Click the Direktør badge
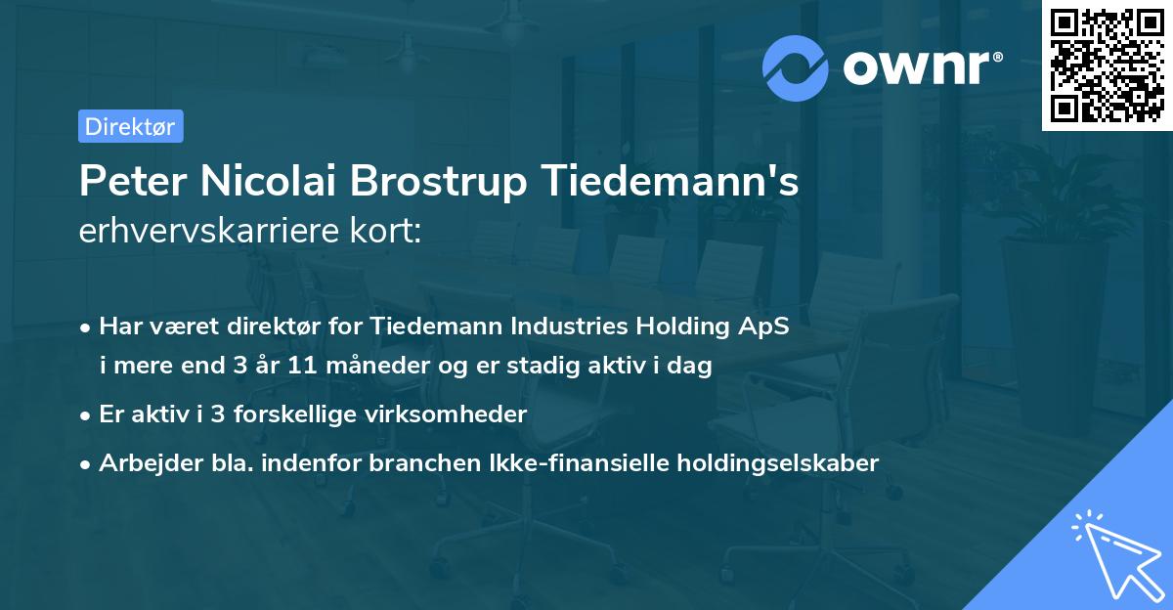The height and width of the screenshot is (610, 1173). pyautogui.click(x=130, y=126)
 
